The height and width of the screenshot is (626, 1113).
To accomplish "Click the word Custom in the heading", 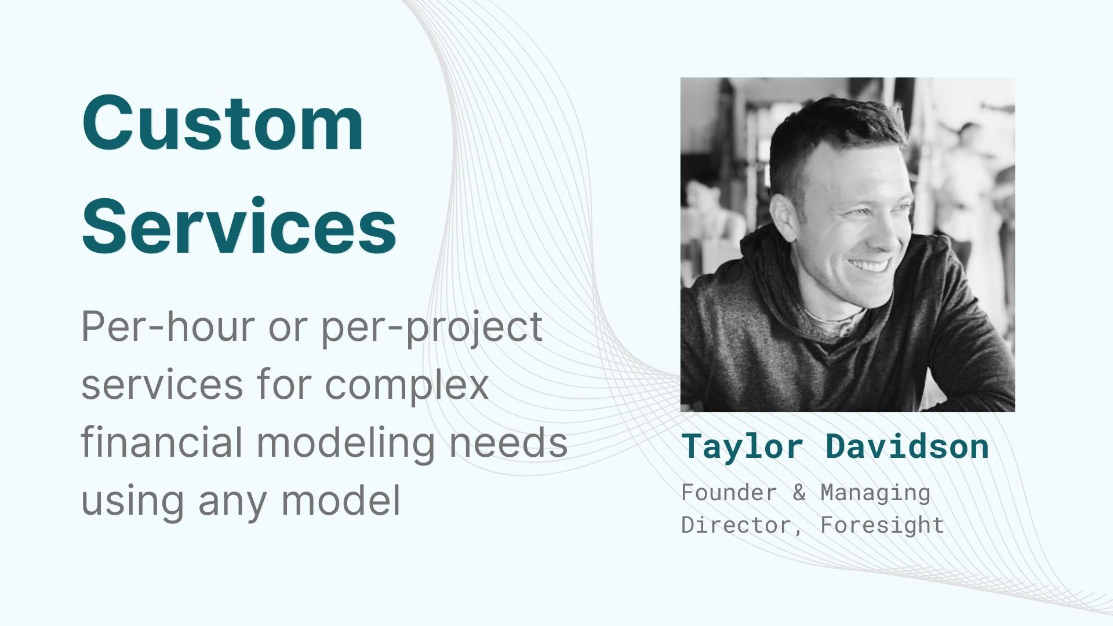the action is (223, 123).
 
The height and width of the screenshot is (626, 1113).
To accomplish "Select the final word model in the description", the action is (341, 500).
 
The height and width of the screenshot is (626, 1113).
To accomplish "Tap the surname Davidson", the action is (907, 446).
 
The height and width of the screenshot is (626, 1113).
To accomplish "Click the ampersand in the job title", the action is (799, 493).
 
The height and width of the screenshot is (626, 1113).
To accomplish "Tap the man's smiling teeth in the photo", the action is (868, 267).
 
